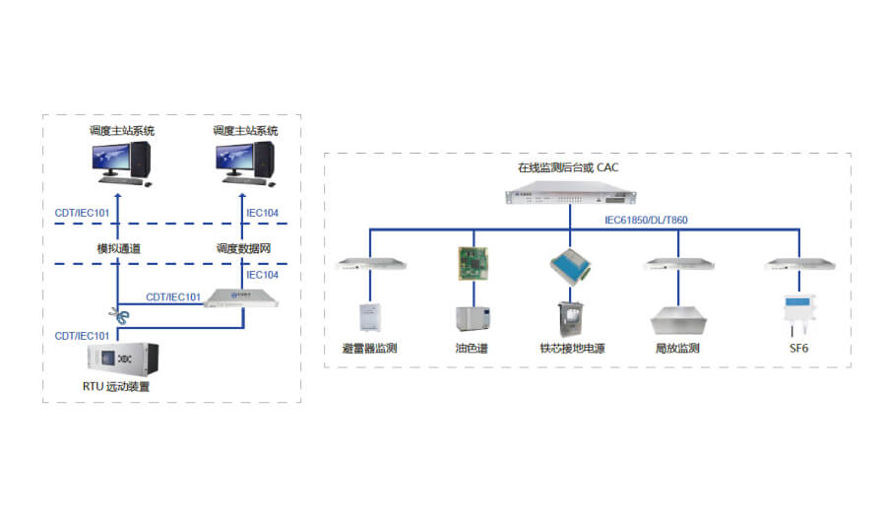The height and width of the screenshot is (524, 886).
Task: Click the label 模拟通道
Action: pyautogui.click(x=118, y=249)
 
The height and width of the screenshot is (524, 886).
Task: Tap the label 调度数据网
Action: pyautogui.click(x=242, y=249)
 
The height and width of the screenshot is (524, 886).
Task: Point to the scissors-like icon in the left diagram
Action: pyautogui.click(x=119, y=315)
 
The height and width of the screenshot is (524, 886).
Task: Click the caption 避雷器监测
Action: pyautogui.click(x=369, y=349)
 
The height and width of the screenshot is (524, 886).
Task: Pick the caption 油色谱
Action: pyautogui.click(x=471, y=349)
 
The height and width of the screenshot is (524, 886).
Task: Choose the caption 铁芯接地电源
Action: pyautogui.click(x=573, y=349)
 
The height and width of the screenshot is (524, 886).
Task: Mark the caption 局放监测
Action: pyautogui.click(x=677, y=349)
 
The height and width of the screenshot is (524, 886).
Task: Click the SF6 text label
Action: pyautogui.click(x=798, y=349)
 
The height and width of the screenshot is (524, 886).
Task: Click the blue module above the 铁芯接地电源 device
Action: pyautogui.click(x=571, y=264)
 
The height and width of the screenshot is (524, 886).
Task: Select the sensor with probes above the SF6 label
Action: pyautogui.click(x=797, y=311)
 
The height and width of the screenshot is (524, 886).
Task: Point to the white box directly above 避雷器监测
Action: pyautogui.click(x=369, y=316)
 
